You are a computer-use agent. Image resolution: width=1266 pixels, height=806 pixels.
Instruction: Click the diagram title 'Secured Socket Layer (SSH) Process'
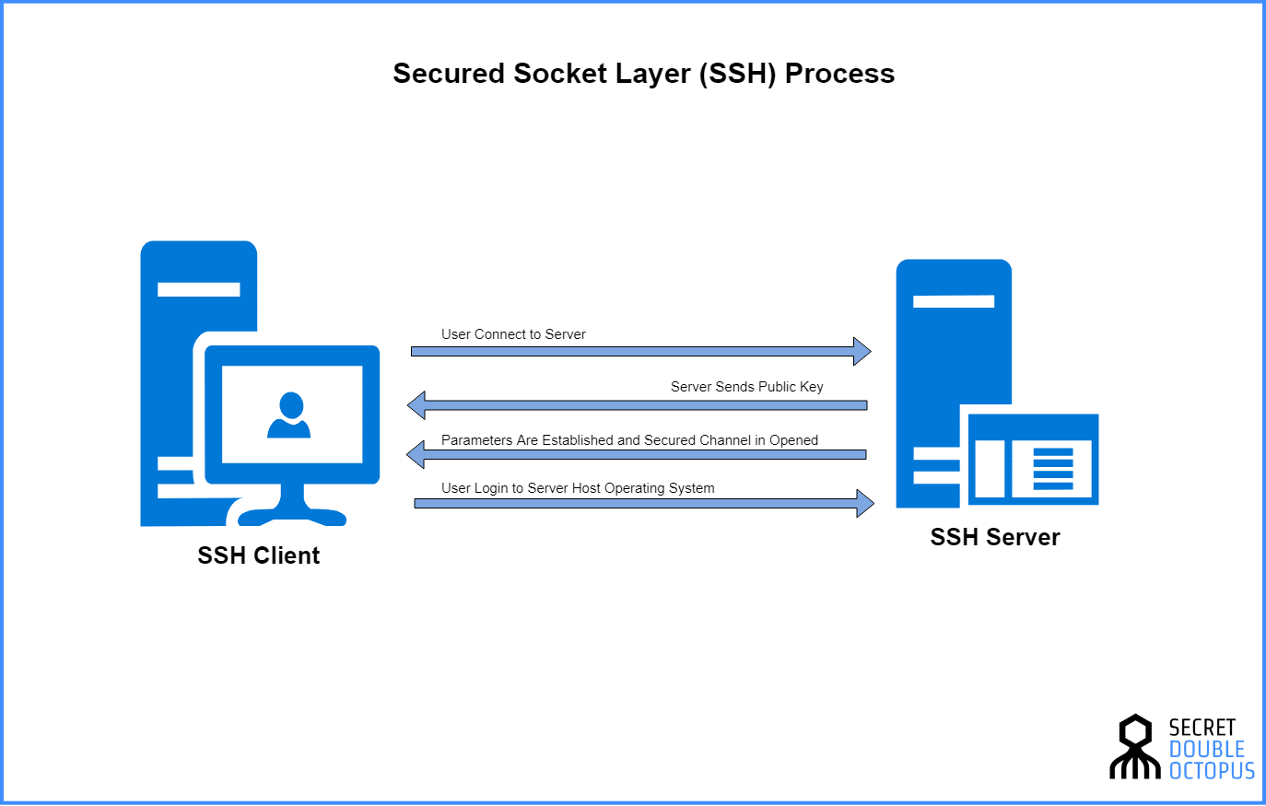coord(643,74)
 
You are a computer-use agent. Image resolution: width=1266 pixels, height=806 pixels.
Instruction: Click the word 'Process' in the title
coord(839,74)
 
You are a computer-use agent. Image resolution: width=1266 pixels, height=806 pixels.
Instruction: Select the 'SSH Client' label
coord(259,555)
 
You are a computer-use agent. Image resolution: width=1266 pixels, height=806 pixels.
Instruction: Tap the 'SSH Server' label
coord(995,537)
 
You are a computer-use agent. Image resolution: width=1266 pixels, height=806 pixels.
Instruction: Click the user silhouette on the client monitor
coord(289,416)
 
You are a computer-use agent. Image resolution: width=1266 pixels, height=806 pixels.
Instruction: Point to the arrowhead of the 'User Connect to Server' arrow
coord(862,351)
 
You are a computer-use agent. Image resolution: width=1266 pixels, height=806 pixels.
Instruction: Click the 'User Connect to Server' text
coord(513,334)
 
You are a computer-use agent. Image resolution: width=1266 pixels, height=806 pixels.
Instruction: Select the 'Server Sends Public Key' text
coord(746,387)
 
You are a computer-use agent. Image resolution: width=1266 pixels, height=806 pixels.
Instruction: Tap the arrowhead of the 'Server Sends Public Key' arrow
coord(417,404)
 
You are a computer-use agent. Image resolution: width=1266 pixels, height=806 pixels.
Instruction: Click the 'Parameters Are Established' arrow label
coord(629,440)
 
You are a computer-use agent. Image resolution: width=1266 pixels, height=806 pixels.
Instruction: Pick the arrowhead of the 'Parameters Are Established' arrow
coord(416,454)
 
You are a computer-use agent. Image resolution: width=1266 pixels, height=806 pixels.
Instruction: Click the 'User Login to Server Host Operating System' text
coord(578,488)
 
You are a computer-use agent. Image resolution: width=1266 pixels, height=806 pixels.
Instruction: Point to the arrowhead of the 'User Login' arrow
coord(864,503)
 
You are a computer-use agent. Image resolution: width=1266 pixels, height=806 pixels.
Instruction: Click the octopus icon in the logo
coord(1135,747)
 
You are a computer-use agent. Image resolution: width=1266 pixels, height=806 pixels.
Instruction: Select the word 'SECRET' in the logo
coord(1202,728)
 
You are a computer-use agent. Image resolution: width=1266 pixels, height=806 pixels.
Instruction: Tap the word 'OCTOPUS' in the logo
coord(1212,771)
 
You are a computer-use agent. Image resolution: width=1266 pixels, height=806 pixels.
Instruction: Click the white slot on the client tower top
coord(198,289)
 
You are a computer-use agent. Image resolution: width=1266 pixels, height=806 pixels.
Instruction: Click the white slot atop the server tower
coord(953,301)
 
